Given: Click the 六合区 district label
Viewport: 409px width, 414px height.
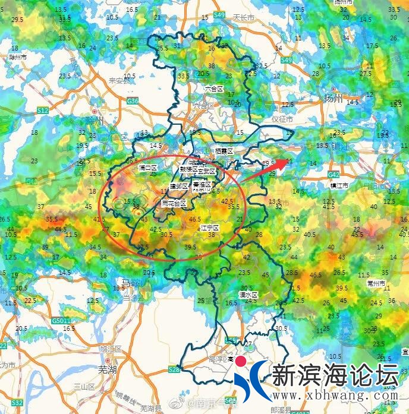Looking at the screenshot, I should pos(213,89).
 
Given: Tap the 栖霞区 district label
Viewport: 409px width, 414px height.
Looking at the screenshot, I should pos(225,151).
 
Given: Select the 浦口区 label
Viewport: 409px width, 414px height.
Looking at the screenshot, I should pos(147,168).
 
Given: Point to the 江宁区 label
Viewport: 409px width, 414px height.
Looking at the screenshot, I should pos(210,227).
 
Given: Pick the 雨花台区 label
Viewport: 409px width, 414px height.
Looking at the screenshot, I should pos(174,203).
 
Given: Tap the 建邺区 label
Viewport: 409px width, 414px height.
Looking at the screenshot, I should pos(178,186).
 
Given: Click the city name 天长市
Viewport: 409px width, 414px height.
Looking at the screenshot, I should pos(244,17).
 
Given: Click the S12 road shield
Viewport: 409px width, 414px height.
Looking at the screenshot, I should pos(42,110).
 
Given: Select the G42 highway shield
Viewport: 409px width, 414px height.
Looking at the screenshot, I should pos(333,175).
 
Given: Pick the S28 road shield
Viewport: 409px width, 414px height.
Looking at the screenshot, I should pos(174,370).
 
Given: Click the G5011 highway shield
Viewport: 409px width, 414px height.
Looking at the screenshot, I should pos(59,321).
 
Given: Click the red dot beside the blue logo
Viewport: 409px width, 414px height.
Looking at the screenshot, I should pos(241,361).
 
